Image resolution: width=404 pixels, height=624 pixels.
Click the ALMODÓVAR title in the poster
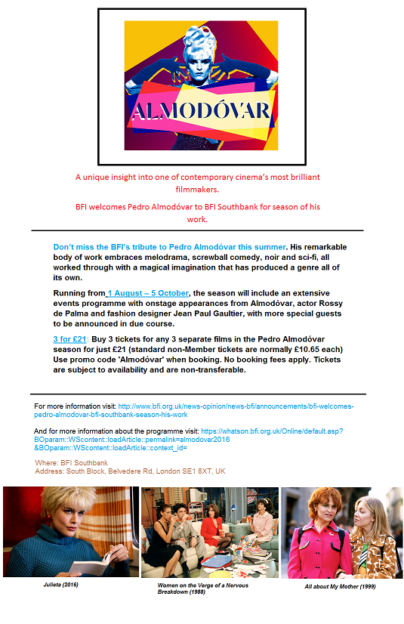click(x=202, y=113)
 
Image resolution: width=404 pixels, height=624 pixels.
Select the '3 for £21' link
click(x=70, y=339)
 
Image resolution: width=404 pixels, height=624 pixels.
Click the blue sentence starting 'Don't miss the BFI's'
click(x=169, y=247)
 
